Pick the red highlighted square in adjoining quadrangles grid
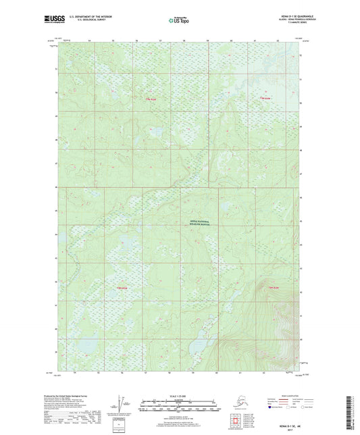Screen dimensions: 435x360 tap(236, 420)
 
